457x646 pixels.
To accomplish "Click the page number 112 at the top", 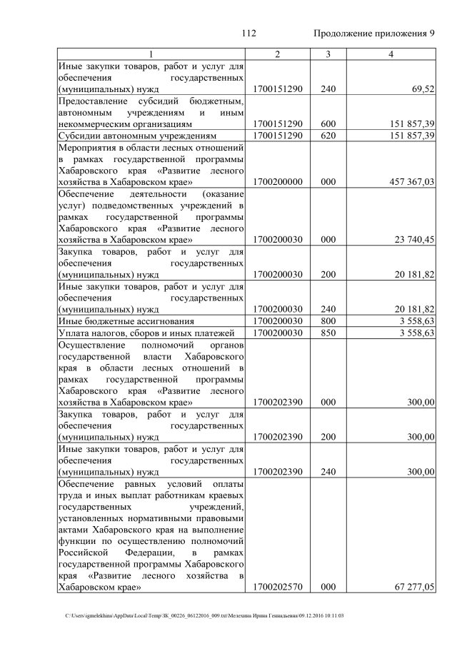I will point(248,34).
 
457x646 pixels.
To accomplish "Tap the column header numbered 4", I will point(391,54).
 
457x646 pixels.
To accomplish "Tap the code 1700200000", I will point(278,182).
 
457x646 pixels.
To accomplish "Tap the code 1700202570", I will point(278,587).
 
